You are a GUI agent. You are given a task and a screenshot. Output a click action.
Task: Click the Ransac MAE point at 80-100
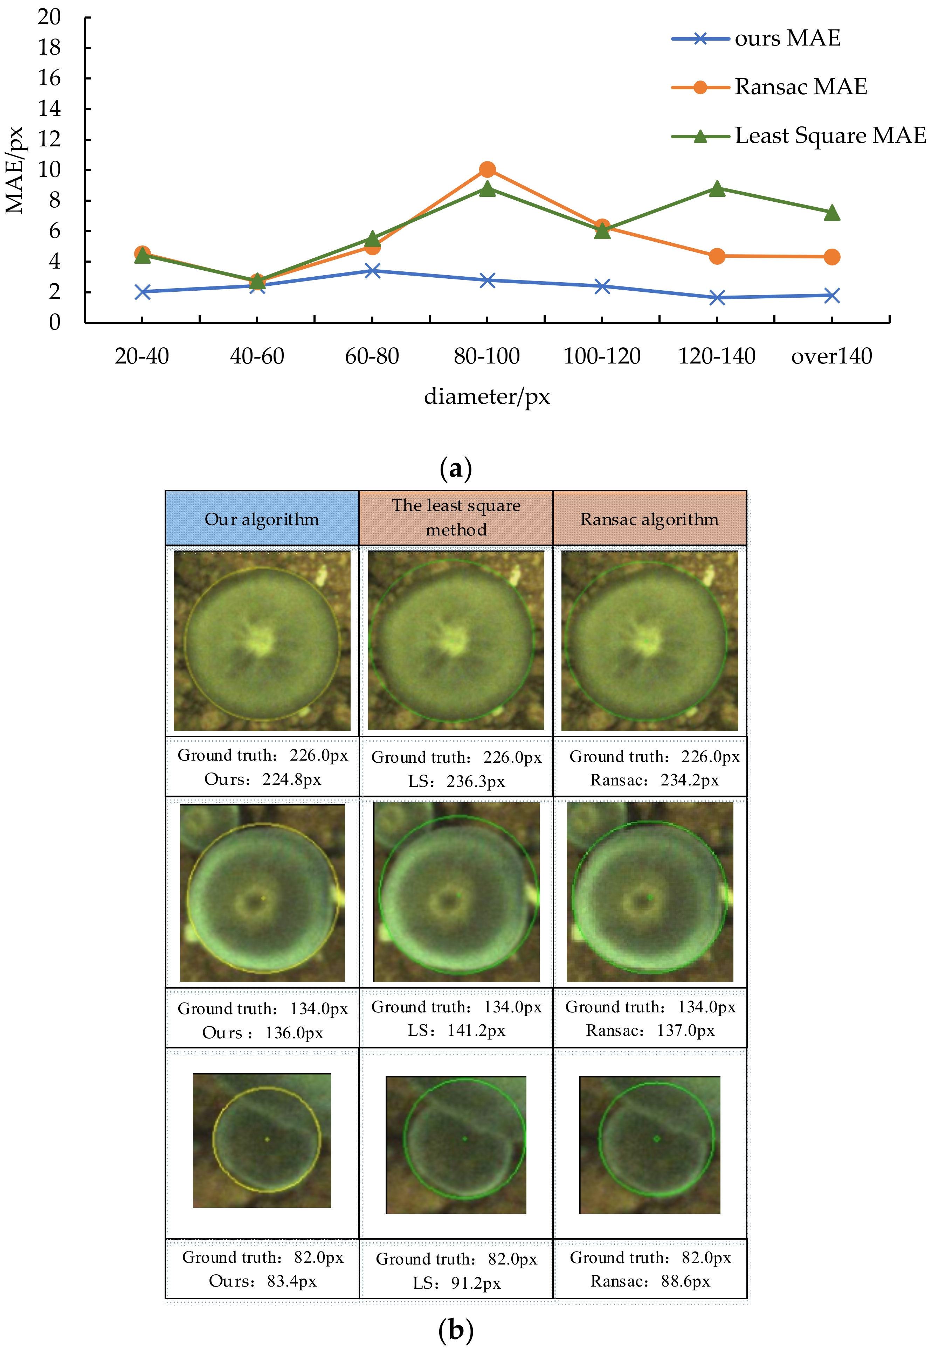click(487, 170)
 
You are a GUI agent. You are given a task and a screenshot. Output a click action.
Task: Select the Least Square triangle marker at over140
click(831, 213)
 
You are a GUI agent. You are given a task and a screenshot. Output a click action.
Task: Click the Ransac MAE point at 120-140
click(717, 256)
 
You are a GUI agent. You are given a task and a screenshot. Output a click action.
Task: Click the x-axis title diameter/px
click(486, 396)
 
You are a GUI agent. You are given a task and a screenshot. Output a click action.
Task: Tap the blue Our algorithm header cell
click(262, 519)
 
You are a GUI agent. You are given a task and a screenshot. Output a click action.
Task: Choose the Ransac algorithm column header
click(649, 519)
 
